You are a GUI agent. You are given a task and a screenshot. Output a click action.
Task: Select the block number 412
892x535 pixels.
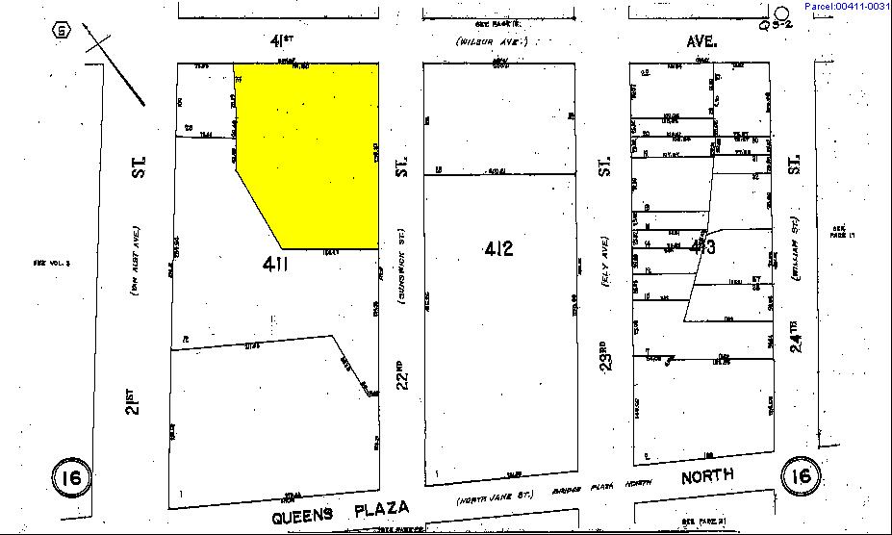[498, 250]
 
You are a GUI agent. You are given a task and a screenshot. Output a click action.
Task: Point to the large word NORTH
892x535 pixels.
[707, 476]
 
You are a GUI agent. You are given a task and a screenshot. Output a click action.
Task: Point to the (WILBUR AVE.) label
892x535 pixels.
[492, 42]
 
